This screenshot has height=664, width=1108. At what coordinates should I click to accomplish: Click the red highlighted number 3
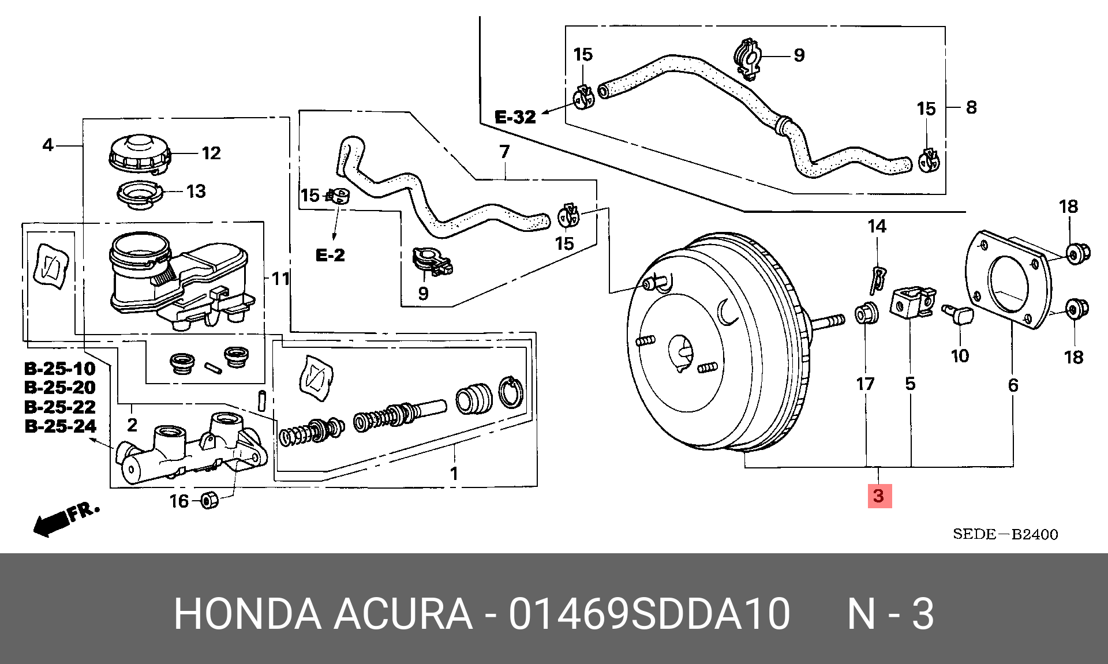click(879, 496)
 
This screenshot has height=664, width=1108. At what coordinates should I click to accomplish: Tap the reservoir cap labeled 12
click(140, 153)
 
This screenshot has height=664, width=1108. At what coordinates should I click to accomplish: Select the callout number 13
click(196, 191)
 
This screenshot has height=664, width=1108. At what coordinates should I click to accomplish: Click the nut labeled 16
click(210, 500)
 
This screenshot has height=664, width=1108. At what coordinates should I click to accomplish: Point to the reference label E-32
click(515, 118)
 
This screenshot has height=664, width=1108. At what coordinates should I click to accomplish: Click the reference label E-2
click(330, 255)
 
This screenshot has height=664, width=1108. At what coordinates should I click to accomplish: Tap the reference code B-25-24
click(60, 426)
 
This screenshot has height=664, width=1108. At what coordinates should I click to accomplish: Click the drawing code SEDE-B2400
click(1005, 534)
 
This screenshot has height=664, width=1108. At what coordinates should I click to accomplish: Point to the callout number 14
click(877, 226)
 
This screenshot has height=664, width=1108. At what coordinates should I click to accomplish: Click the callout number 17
click(865, 383)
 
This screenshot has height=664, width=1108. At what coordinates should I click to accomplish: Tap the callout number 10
click(960, 356)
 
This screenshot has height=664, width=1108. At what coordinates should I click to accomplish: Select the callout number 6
click(1013, 385)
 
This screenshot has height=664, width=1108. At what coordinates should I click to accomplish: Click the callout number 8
click(971, 107)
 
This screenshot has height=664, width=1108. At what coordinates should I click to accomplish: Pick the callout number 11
click(280, 279)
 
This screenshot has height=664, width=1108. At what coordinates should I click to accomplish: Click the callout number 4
click(48, 145)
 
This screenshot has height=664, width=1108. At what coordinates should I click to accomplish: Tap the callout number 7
click(505, 152)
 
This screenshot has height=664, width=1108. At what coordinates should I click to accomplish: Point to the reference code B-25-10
click(60, 368)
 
